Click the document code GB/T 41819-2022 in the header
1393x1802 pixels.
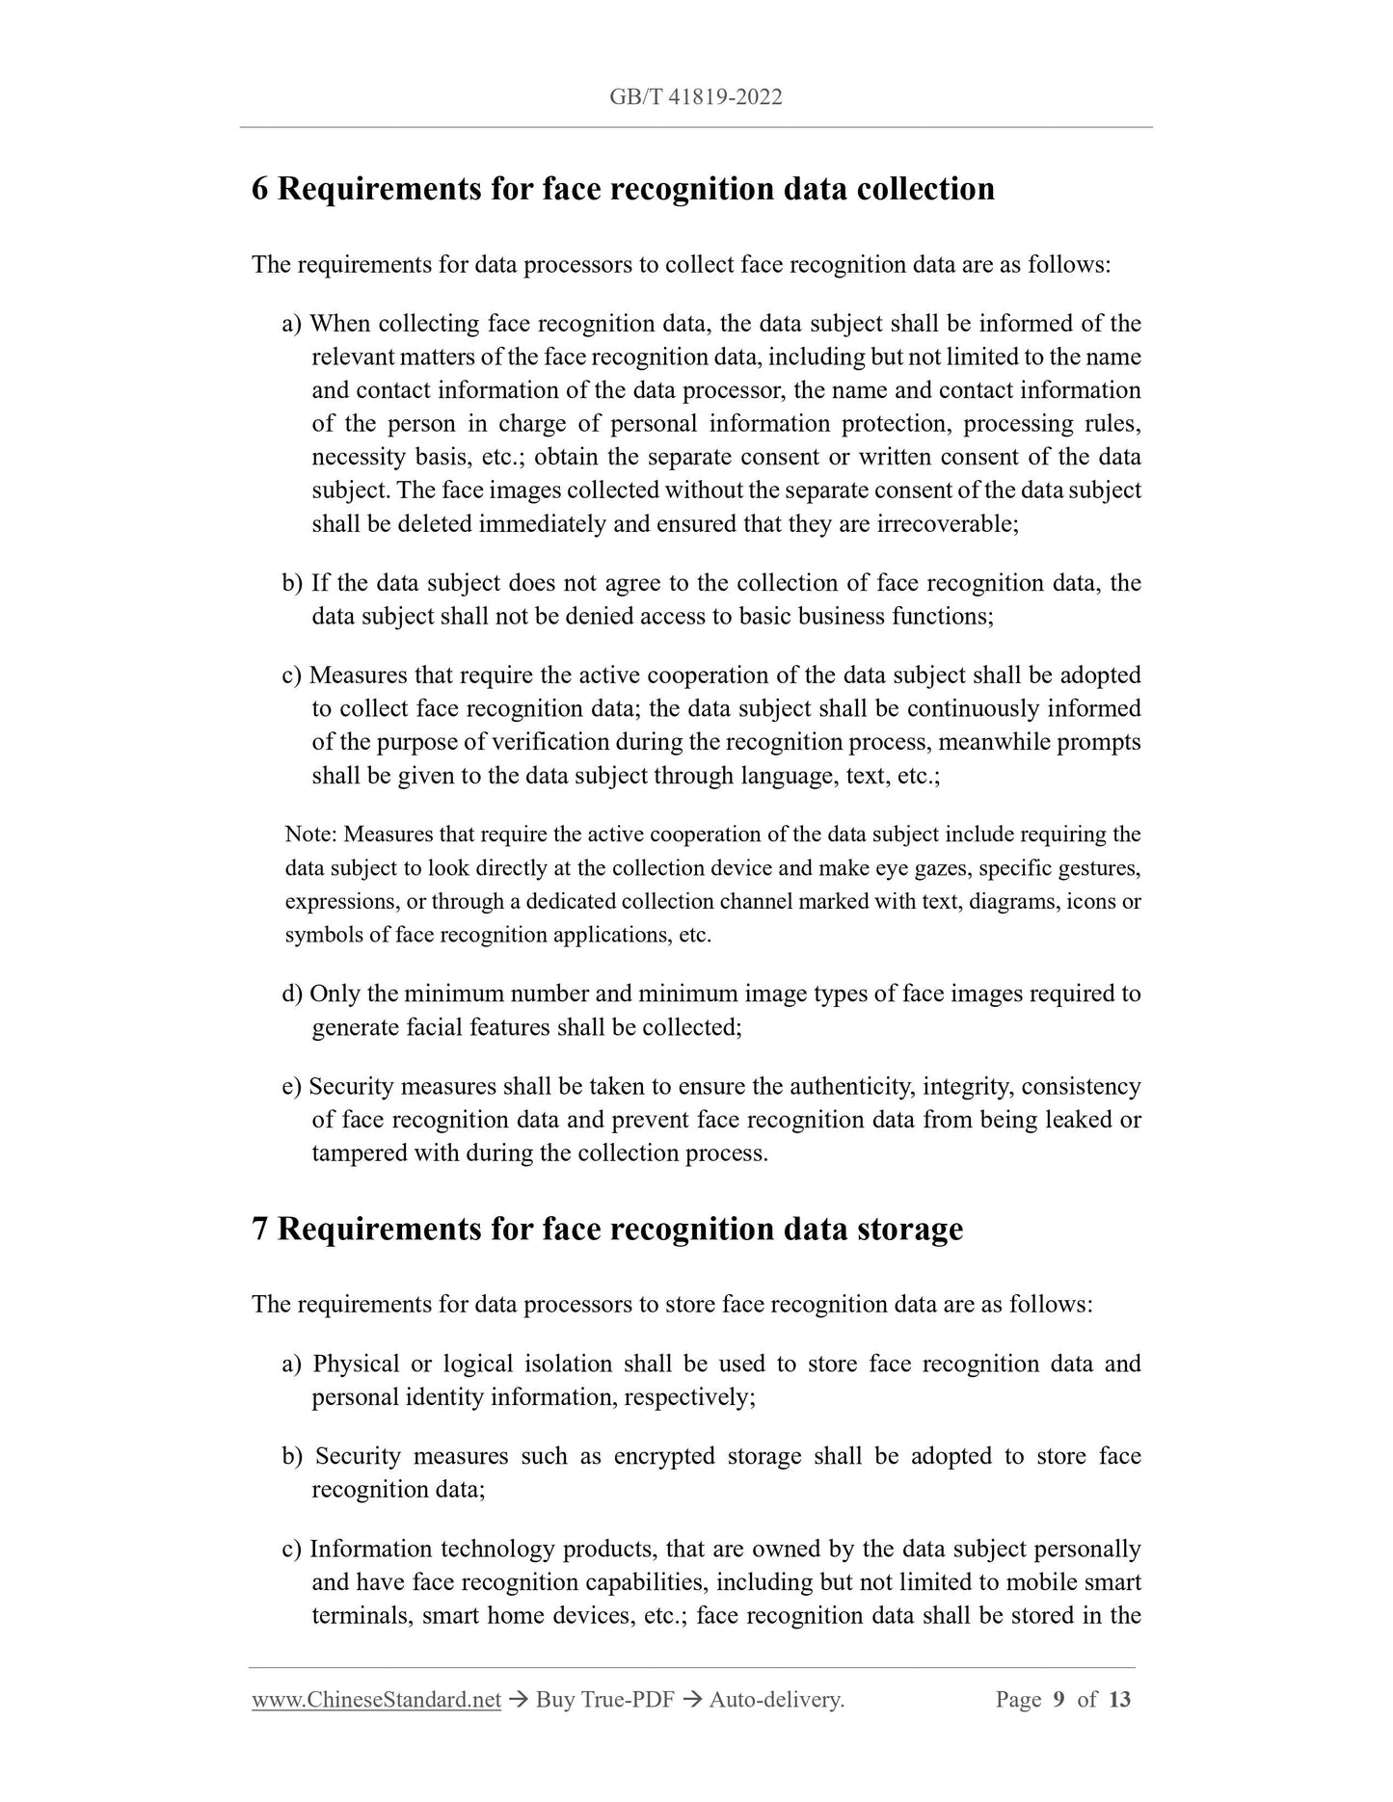695,96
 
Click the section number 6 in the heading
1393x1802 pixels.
259,189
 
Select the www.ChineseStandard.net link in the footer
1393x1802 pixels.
376,1700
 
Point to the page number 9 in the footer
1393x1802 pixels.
1058,1700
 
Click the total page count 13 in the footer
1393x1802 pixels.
1119,1700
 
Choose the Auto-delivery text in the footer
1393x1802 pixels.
776,1700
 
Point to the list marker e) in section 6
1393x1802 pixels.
292,1087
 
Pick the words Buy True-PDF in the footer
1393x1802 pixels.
603,1700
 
